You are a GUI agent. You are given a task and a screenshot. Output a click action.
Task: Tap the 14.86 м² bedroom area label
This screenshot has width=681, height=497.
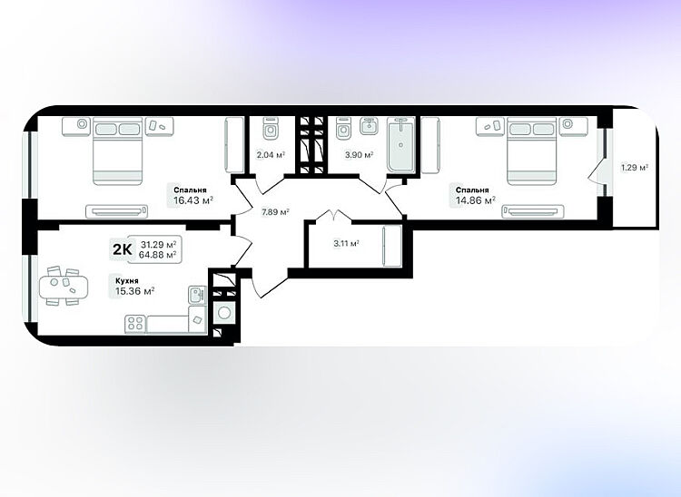pyautogui.click(x=476, y=200)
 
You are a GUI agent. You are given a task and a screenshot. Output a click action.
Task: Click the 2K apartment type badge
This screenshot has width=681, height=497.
pyautogui.click(x=122, y=249)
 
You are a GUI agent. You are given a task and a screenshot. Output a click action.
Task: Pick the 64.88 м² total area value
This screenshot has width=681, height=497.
pyautogui.click(x=157, y=255)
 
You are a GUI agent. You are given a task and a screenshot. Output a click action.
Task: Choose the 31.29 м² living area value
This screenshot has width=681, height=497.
pyautogui.click(x=158, y=244)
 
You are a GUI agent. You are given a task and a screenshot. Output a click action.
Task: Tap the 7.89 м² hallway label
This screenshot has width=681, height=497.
pyautogui.click(x=275, y=212)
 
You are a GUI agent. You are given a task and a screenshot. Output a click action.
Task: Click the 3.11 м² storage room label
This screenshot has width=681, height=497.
pyautogui.click(x=346, y=243)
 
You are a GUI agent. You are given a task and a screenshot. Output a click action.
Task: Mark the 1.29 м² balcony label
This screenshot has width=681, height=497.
pyautogui.click(x=635, y=168)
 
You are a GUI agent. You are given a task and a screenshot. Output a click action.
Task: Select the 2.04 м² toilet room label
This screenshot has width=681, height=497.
pyautogui.click(x=271, y=154)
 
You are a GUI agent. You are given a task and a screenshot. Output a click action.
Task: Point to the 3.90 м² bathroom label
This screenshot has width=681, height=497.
pyautogui.click(x=359, y=154)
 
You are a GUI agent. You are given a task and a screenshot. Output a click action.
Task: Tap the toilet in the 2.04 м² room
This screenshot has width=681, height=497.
pyautogui.click(x=271, y=129)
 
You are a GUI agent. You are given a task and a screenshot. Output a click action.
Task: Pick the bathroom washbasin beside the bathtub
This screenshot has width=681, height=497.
pyautogui.click(x=370, y=126)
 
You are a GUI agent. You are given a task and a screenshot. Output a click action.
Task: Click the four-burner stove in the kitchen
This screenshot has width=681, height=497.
pyautogui.click(x=135, y=324)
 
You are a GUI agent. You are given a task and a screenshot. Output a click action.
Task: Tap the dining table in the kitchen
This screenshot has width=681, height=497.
pyautogui.click(x=64, y=287)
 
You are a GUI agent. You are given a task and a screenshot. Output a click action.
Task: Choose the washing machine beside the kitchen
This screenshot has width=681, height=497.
pyautogui.click(x=224, y=312)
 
